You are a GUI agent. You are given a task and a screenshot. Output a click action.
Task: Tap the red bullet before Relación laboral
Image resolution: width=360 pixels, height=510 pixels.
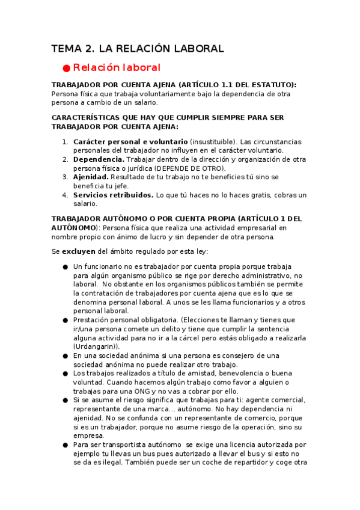coord(67,68)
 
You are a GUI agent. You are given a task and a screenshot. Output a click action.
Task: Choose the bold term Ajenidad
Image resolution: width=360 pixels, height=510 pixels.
coord(91,177)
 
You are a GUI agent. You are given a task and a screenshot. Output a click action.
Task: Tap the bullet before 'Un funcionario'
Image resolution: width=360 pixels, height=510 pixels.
coord(65,266)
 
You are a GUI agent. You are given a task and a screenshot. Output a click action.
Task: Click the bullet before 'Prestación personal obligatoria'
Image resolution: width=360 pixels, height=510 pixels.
coord(65,320)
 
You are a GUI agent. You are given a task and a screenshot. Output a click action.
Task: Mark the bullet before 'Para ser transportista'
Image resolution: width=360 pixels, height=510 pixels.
coord(65,445)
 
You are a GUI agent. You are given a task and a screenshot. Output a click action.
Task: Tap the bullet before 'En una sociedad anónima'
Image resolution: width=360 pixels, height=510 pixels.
coord(65,355)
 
